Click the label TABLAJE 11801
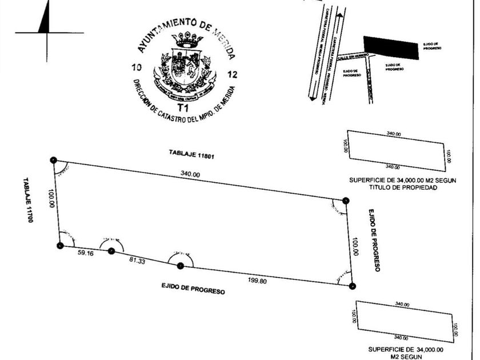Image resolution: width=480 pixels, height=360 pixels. (x=186, y=153)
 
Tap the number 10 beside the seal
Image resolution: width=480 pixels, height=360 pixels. (x=137, y=68)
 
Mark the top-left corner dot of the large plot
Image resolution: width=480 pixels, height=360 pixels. (x=53, y=160)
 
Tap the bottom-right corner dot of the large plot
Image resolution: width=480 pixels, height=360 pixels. (x=353, y=286)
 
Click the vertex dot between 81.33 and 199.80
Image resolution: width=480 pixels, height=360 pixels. (x=181, y=265)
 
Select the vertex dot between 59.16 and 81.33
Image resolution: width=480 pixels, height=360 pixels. (x=111, y=250)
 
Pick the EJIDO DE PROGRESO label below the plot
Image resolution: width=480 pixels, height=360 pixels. (x=193, y=288)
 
